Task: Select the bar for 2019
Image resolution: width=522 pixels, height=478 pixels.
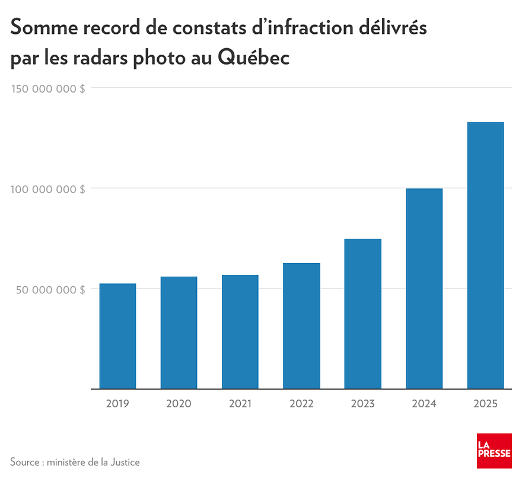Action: tap(117, 336)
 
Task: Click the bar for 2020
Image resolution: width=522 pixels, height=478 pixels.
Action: tap(179, 333)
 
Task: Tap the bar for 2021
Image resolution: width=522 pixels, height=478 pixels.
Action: tap(240, 332)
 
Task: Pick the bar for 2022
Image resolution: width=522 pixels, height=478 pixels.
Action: tap(301, 326)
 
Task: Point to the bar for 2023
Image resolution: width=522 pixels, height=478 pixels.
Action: tap(362, 314)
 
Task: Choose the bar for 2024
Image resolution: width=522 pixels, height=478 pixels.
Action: tap(424, 289)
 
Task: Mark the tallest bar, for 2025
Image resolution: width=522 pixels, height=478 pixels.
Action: tap(485, 255)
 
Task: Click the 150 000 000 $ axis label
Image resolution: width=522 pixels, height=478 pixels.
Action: tap(48, 88)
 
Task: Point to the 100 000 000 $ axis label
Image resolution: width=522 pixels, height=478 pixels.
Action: tap(48, 189)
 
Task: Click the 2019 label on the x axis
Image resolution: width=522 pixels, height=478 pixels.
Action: tap(117, 404)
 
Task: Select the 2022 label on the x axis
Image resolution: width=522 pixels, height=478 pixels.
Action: tap(301, 404)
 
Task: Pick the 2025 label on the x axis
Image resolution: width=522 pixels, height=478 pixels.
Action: tap(485, 404)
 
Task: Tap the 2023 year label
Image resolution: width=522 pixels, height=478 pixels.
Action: tap(362, 404)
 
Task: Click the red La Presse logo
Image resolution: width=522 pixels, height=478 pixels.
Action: tap(494, 451)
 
